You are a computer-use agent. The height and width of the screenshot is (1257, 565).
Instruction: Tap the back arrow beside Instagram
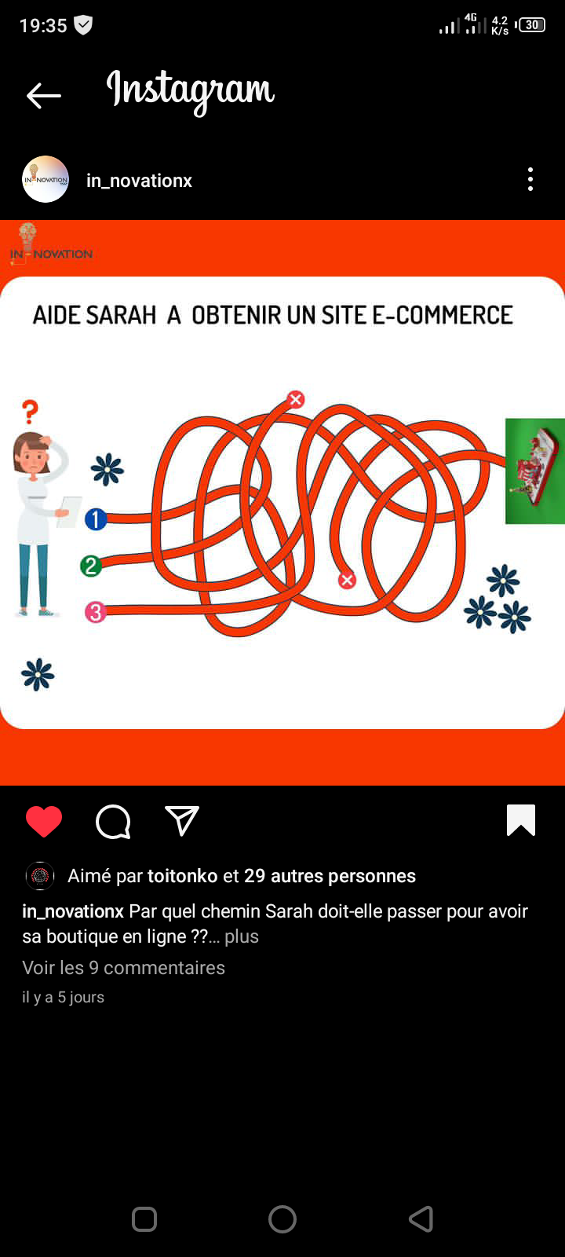coord(44,95)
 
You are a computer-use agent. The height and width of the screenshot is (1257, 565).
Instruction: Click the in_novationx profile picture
coord(46,180)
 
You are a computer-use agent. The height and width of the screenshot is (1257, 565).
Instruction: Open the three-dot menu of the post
coord(530,180)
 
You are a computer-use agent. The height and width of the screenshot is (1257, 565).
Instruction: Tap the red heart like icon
coord(44,822)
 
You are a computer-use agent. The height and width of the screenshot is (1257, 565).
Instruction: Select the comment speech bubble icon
coord(113,822)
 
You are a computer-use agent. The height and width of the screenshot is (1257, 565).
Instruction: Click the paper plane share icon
coord(182,821)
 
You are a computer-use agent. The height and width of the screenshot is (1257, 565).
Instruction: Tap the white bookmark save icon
coord(521,820)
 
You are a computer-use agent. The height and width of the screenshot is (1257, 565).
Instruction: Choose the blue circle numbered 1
coord(96,519)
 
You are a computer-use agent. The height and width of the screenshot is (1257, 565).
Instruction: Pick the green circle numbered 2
coord(91,566)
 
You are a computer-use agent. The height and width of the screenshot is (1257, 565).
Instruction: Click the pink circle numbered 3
coord(95,612)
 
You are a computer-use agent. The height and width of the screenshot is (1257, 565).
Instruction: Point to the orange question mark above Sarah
coord(31,412)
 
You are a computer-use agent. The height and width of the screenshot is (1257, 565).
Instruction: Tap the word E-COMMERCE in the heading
coord(443,315)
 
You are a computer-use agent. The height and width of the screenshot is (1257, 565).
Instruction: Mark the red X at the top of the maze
coord(296,399)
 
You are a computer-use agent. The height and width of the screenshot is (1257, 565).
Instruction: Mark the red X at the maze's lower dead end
coord(347,581)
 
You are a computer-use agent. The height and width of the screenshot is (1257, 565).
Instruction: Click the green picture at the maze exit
coord(534,471)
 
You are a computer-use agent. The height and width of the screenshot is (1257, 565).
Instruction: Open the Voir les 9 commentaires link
coord(123,968)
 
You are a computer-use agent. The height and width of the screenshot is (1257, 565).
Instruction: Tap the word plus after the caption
coord(242,936)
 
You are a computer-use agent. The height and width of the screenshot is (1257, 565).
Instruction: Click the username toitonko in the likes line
coord(182,876)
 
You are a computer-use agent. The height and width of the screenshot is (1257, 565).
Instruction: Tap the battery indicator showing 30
coord(531,25)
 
